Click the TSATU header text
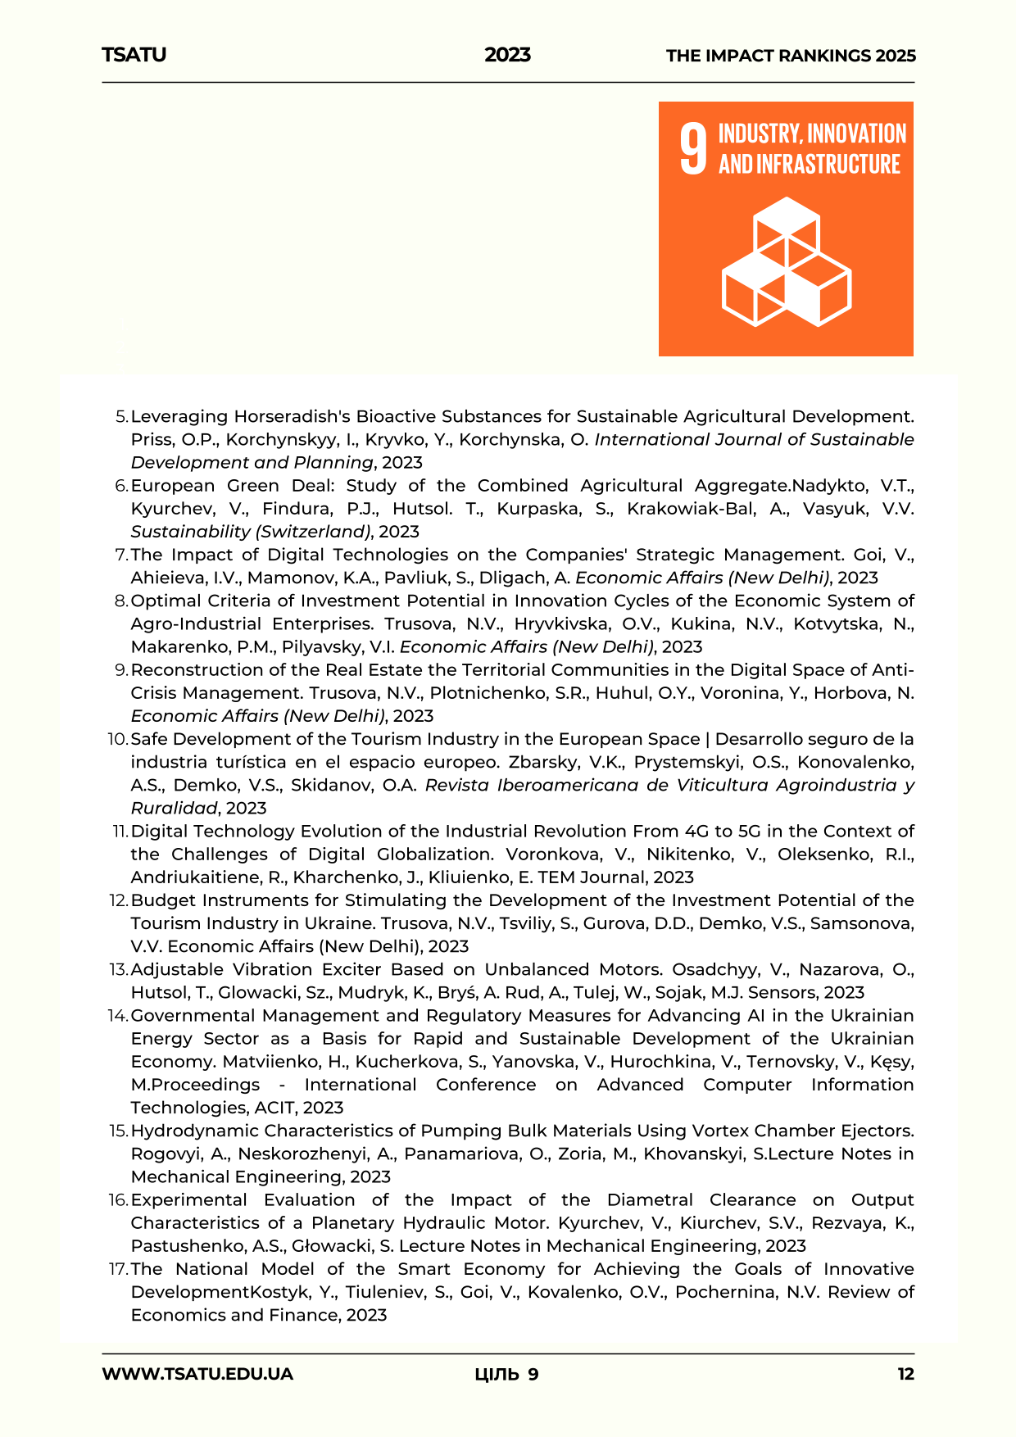pyautogui.click(x=134, y=55)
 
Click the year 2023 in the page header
pyautogui.click(x=507, y=55)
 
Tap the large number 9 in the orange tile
pyautogui.click(x=693, y=149)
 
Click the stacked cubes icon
pyautogui.click(x=786, y=261)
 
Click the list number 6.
pyautogui.click(x=121, y=486)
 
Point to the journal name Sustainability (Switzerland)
pyautogui.click(x=251, y=532)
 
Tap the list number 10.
pyautogui.click(x=118, y=739)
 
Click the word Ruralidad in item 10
pyautogui.click(x=175, y=808)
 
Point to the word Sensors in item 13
pyautogui.click(x=787, y=992)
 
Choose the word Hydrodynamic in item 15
pyautogui.click(x=196, y=1131)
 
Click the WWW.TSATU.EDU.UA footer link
pyautogui.click(x=197, y=1374)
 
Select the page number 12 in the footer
pyautogui.click(x=905, y=1374)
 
